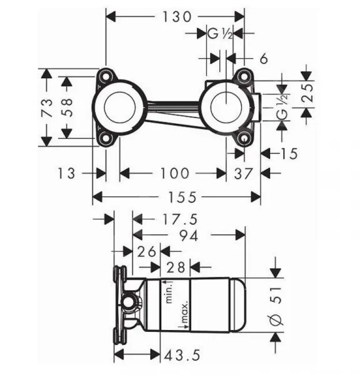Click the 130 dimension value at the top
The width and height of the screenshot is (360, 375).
click(177, 17)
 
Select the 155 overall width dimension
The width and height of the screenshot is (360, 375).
click(182, 197)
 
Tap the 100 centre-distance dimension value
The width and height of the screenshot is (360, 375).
click(174, 173)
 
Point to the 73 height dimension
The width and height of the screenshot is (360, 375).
click(47, 107)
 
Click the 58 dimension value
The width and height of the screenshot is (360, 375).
click(67, 107)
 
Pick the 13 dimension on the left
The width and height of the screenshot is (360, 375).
click(66, 173)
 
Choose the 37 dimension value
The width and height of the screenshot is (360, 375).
click(243, 174)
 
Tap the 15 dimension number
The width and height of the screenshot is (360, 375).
click(289, 154)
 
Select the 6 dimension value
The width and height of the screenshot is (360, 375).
click(264, 59)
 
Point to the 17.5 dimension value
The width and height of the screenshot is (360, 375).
click(180, 219)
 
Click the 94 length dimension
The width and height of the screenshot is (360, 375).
click(189, 236)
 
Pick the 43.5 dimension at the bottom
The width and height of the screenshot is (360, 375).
click(182, 355)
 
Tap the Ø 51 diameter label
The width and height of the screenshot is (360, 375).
click(276, 306)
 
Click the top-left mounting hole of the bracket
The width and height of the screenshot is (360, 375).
click(105, 76)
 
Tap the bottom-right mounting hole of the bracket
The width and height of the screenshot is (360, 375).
click(244, 139)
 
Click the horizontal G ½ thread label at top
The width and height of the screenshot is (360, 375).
click(220, 34)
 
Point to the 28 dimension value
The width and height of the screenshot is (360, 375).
click(176, 267)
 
